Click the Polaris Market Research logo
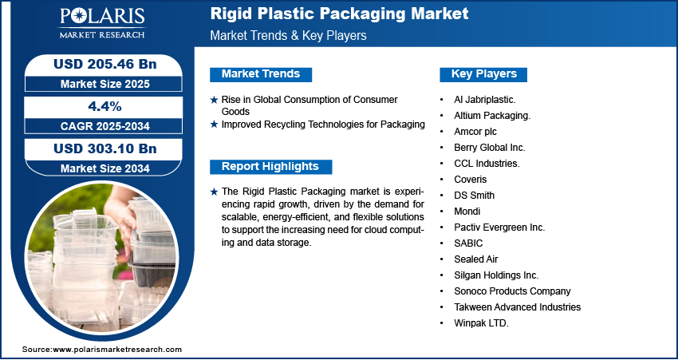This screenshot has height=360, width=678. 102,22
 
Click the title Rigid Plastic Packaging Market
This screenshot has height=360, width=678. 340,14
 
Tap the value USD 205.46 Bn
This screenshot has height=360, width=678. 105,64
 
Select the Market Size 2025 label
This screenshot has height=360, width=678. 105,84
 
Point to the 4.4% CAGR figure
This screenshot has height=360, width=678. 104,106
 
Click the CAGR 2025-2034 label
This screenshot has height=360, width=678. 105,126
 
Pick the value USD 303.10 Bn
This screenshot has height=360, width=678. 105,148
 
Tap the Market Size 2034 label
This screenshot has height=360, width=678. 105,168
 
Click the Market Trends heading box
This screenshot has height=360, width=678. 261,74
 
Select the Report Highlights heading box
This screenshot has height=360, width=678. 270,167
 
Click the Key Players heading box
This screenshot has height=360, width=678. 483,74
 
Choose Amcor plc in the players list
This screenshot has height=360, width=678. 475,132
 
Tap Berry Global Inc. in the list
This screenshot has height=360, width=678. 490,148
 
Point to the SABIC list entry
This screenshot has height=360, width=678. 468,243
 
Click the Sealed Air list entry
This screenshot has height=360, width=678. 475,259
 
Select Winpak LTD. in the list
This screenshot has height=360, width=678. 481,323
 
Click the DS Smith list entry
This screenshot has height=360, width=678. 474,195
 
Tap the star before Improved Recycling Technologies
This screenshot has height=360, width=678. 214,125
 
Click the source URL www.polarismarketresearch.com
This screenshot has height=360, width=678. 117,349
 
